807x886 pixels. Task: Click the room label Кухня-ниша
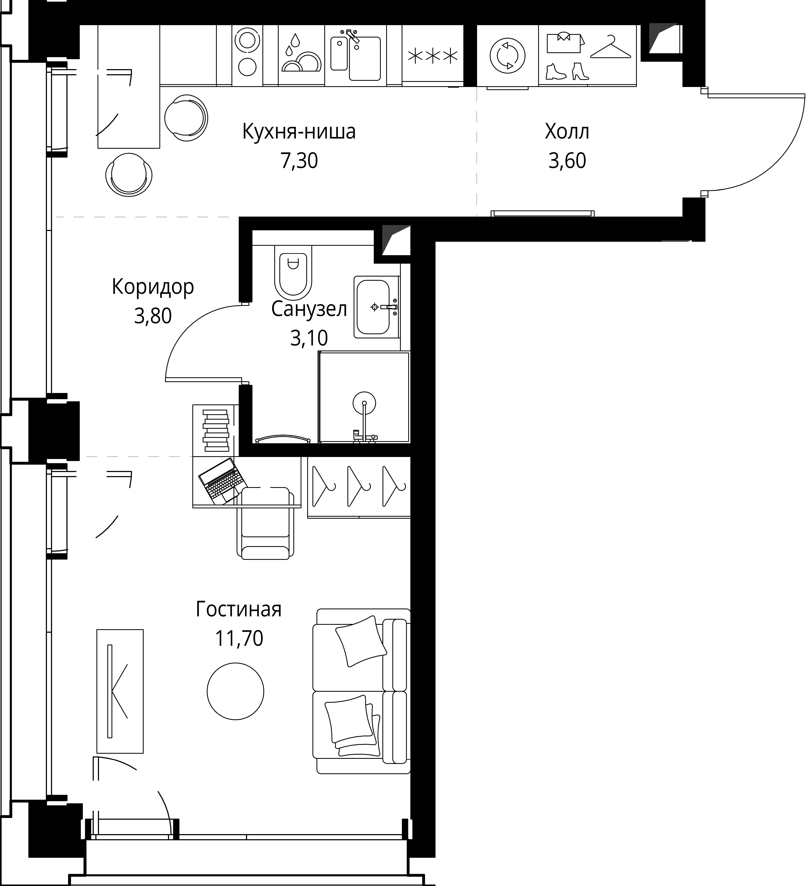[299, 132]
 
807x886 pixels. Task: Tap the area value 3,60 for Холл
[567, 161]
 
